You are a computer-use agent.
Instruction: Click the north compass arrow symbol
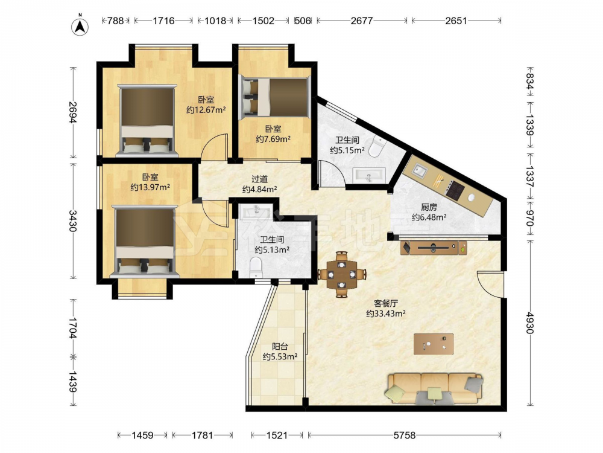[80, 26]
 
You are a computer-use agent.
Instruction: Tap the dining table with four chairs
[341, 274]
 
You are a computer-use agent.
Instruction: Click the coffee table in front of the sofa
[434, 344]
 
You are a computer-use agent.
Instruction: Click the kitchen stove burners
[456, 191]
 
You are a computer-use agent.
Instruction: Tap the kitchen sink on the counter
[419, 170]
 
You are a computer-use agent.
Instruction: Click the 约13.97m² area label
[150, 188]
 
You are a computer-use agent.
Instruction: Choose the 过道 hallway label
[259, 179]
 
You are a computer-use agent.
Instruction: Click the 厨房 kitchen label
[429, 207]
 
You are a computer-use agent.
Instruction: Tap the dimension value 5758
[405, 435]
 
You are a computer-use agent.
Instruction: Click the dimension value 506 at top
[302, 21]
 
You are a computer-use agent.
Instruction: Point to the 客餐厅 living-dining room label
[386, 304]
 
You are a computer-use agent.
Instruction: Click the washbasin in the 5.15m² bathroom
[369, 175]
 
